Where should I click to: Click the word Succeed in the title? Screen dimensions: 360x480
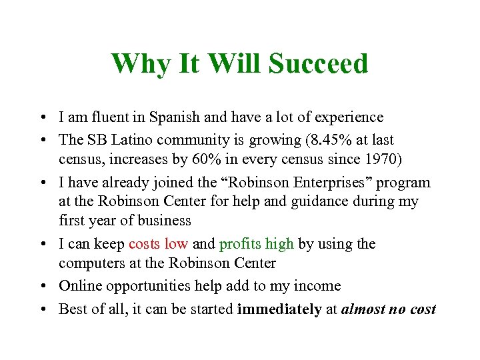pos(318,64)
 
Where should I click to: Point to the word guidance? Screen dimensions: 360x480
pos(327,202)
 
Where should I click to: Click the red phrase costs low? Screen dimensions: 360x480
pos(159,244)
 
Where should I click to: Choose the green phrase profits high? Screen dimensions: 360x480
pos(257,244)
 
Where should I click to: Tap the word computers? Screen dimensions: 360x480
pos(91,263)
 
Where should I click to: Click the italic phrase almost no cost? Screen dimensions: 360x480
pos(389,309)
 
